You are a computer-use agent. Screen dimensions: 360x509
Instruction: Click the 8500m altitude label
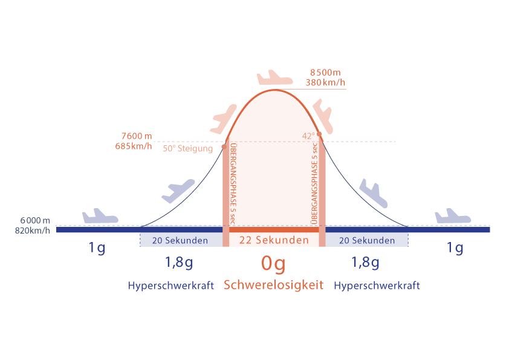(x=325, y=73)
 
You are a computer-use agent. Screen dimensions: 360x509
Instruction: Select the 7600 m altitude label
(x=136, y=136)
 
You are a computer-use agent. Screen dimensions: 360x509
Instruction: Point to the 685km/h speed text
(x=133, y=146)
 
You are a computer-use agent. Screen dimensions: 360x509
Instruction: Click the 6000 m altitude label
(x=33, y=220)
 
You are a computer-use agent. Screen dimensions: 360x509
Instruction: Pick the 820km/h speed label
(x=33, y=231)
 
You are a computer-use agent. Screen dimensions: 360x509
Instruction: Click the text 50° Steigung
(x=187, y=149)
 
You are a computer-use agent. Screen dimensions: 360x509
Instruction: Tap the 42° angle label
(x=308, y=136)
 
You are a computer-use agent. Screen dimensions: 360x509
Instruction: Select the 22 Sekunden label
(x=274, y=240)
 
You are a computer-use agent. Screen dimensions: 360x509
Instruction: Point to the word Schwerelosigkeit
(x=274, y=284)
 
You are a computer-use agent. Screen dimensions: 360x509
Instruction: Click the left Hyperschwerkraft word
(x=171, y=286)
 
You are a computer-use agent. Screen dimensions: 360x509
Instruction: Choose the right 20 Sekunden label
(x=366, y=241)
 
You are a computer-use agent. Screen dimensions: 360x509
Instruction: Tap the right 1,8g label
(x=365, y=263)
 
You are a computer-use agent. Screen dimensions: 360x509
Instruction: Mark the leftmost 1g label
(x=97, y=248)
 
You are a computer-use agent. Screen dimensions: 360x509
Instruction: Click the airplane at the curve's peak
(x=274, y=78)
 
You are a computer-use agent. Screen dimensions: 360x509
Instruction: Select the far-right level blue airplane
(x=453, y=216)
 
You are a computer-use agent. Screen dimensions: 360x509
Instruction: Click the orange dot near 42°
(x=319, y=134)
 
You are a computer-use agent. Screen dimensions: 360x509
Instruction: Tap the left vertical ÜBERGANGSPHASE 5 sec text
(x=233, y=185)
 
